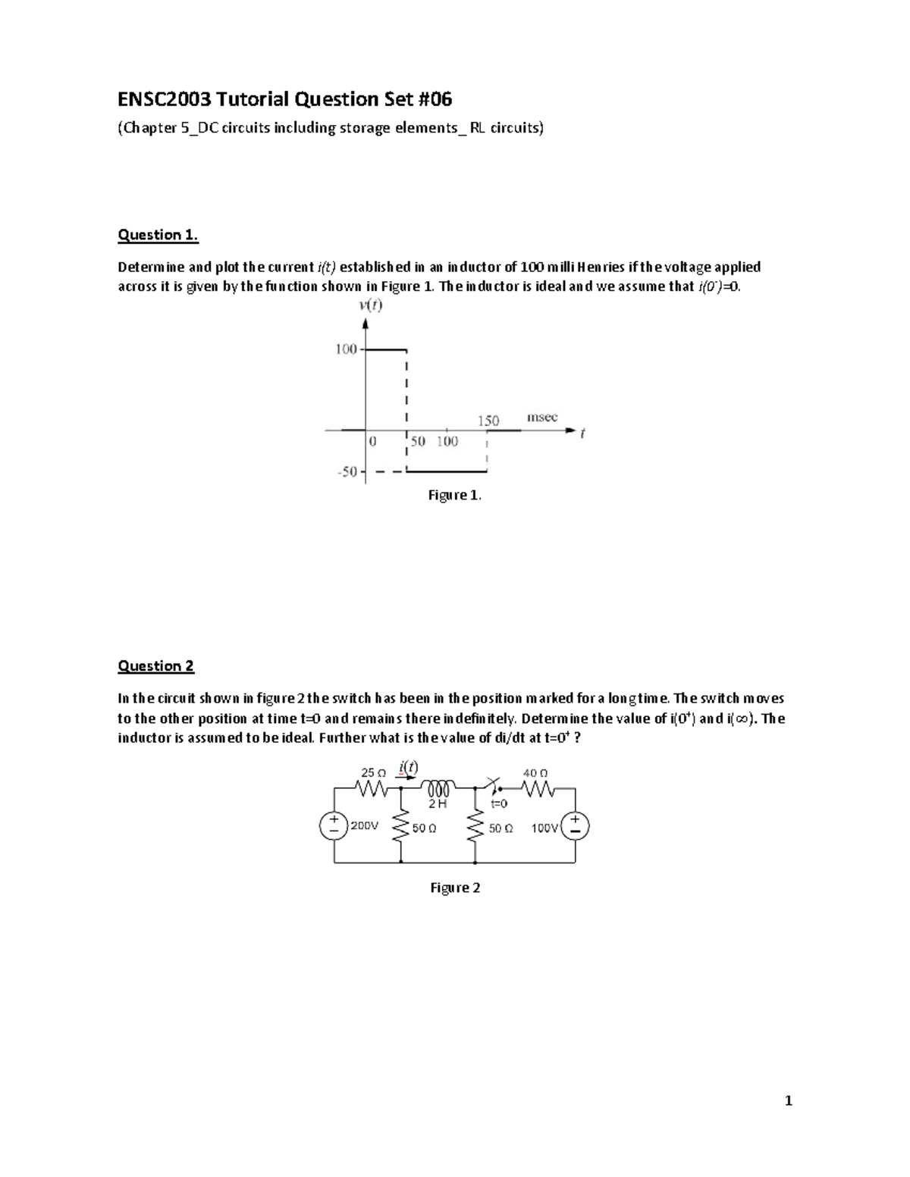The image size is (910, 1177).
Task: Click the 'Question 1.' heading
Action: pos(158,235)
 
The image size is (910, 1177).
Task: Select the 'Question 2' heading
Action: pos(155,666)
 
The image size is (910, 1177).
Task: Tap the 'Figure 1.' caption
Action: pos(454,495)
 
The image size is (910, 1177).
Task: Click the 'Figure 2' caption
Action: pos(455,887)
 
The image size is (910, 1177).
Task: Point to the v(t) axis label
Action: pos(370,306)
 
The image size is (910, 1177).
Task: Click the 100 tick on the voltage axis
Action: pos(346,349)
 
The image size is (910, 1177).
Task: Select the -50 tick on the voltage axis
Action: pos(347,471)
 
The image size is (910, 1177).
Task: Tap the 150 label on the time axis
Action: pos(488,421)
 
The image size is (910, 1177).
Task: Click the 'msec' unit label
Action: pos(542,418)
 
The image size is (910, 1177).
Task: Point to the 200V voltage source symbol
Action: pos(334,826)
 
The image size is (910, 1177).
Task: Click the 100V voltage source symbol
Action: pos(575,826)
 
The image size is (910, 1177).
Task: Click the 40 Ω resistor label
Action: pos(535,773)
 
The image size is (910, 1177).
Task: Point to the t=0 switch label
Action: pos(498,804)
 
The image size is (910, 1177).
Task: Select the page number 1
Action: pos(789,1101)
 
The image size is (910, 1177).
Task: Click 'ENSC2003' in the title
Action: pos(163,99)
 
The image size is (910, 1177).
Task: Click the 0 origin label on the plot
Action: pos(372,440)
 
